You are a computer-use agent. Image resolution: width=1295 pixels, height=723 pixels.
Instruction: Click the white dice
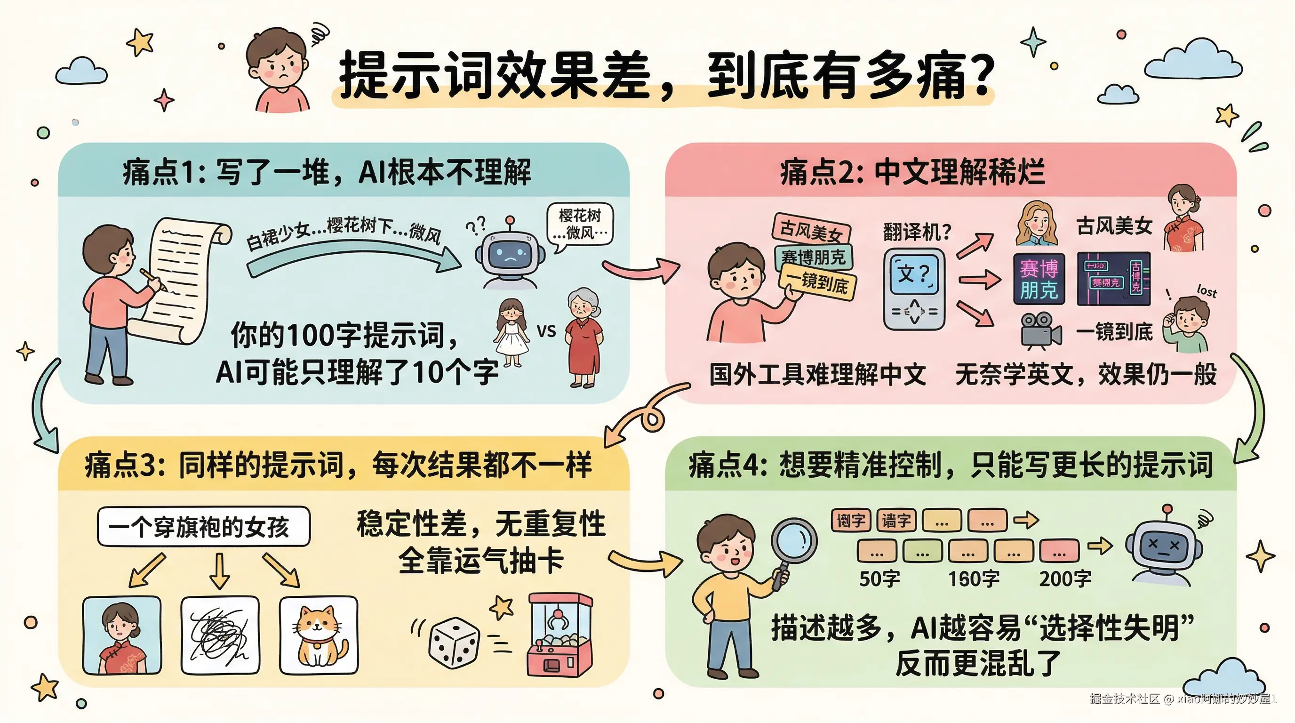pyautogui.click(x=454, y=643)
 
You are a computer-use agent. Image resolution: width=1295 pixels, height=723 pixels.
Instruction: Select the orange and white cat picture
pyautogui.click(x=319, y=635)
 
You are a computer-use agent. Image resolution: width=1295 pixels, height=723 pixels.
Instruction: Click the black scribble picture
pyautogui.click(x=220, y=635)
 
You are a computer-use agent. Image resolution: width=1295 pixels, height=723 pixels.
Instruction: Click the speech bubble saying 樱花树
pyautogui.click(x=580, y=224)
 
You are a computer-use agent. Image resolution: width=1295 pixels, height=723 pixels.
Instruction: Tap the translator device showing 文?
pyautogui.click(x=914, y=289)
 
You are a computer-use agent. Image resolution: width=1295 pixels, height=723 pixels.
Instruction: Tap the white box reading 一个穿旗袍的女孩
pyautogui.click(x=204, y=526)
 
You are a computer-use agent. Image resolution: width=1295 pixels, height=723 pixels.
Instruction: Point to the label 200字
pyautogui.click(x=1065, y=579)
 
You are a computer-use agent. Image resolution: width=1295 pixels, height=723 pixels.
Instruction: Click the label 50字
pyautogui.click(x=879, y=579)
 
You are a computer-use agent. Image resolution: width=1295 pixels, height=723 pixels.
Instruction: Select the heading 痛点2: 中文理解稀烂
pyautogui.click(x=912, y=172)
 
